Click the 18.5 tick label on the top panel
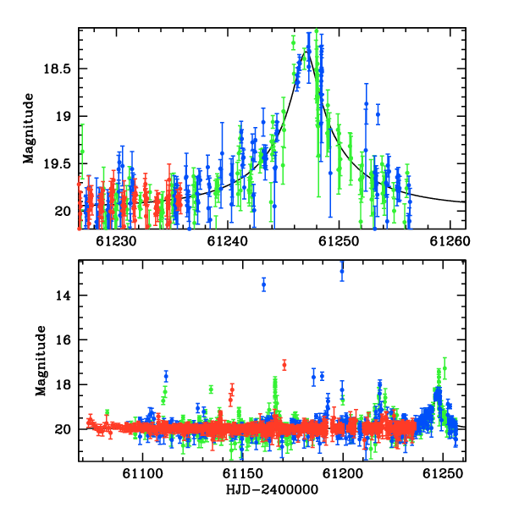click(x=58, y=69)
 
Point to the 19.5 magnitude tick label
click(x=58, y=164)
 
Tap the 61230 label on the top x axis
click(x=116, y=241)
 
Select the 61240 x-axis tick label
click(x=228, y=241)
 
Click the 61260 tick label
click(x=450, y=241)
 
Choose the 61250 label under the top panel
click(x=339, y=241)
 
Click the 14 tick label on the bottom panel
click(x=63, y=295)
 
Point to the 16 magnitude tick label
click(x=63, y=340)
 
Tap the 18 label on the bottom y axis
click(x=63, y=384)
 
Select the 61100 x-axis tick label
click(x=142, y=473)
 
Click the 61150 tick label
click(x=243, y=473)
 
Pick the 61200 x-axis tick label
click(x=343, y=473)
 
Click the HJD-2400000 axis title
click(x=272, y=489)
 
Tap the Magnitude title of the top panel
click(x=29, y=129)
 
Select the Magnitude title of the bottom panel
click(x=41, y=361)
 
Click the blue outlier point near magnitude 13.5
click(x=263, y=284)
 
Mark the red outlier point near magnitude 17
click(x=284, y=365)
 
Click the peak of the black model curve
click(x=306, y=51)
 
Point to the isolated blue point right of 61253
click(x=378, y=114)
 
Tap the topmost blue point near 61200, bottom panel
click(x=342, y=271)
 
